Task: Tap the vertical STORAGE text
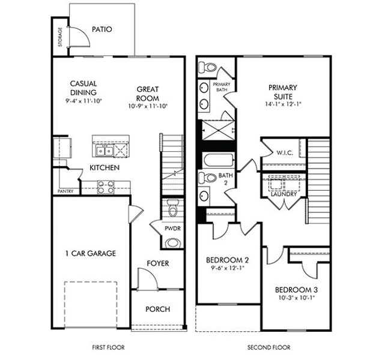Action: click(x=59, y=37)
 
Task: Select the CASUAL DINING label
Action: click(x=83, y=88)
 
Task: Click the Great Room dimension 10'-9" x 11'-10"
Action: click(x=147, y=106)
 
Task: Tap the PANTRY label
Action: click(x=65, y=191)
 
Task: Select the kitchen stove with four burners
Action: click(x=106, y=187)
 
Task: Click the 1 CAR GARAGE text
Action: click(x=90, y=253)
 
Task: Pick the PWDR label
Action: click(x=173, y=229)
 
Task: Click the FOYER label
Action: click(x=158, y=263)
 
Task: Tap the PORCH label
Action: click(x=158, y=310)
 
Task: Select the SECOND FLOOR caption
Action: click(x=268, y=347)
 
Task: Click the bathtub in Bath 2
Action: click(x=217, y=160)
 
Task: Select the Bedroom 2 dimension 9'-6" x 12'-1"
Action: click(x=227, y=269)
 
